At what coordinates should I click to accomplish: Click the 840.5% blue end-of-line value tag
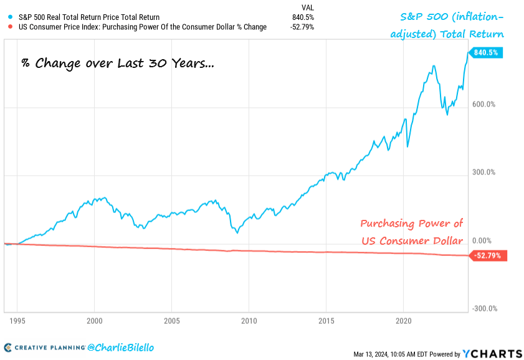click(x=486, y=53)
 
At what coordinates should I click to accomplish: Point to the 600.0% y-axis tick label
click(x=483, y=105)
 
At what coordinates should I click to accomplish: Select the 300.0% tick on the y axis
click(x=483, y=173)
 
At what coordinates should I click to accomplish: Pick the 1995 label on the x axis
click(x=17, y=322)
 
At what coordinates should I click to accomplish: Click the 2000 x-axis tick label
click(x=95, y=322)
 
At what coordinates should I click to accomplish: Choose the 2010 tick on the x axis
click(x=249, y=322)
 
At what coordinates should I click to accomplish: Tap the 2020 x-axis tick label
click(x=403, y=322)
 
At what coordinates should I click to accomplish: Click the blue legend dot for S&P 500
click(x=7, y=17)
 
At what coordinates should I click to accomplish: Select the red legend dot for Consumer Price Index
click(x=7, y=27)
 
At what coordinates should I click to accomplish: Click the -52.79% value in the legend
click(x=301, y=27)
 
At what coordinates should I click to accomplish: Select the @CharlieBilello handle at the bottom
click(x=122, y=347)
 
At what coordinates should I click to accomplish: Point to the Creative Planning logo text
click(x=46, y=347)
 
